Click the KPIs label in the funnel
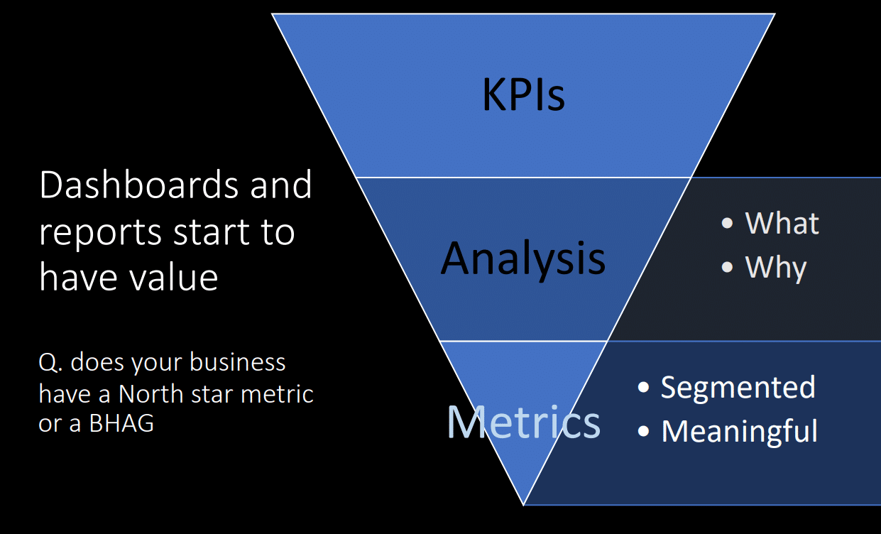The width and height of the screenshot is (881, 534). pyautogui.click(x=523, y=94)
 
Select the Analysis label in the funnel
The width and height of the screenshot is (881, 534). pyautogui.click(x=523, y=258)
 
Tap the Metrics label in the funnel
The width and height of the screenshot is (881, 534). pyautogui.click(x=523, y=421)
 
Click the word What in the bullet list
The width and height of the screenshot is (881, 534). pyautogui.click(x=782, y=223)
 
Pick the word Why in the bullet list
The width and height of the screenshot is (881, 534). pyautogui.click(x=776, y=268)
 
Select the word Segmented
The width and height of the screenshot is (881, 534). pyautogui.click(x=738, y=387)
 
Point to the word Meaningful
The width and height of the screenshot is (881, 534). pyautogui.click(x=739, y=431)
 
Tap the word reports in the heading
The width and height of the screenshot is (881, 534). pyautogui.click(x=97, y=231)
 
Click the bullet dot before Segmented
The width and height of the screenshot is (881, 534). pyautogui.click(x=644, y=388)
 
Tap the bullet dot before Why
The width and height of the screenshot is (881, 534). pyautogui.click(x=727, y=268)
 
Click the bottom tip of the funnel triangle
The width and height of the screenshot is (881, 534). pyautogui.click(x=524, y=503)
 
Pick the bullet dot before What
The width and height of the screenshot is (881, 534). pyautogui.click(x=727, y=223)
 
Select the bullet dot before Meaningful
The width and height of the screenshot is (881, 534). pyautogui.click(x=644, y=432)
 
